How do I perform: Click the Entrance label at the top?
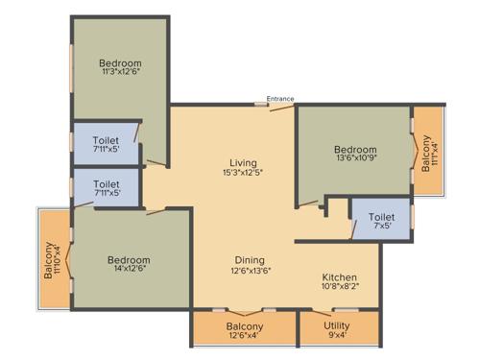280,98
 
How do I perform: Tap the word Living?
242,161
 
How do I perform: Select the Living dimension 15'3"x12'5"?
242,173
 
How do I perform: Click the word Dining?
250,260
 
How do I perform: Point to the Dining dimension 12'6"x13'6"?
250,272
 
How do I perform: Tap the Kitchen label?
339,274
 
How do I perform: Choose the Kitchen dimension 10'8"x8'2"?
339,285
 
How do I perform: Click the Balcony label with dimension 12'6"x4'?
245,326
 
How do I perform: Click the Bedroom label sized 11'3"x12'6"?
121,63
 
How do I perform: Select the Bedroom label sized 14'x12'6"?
128,260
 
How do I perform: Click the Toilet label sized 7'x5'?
381,218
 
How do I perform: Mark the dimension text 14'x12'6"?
128,272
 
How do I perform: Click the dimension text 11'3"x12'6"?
121,74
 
